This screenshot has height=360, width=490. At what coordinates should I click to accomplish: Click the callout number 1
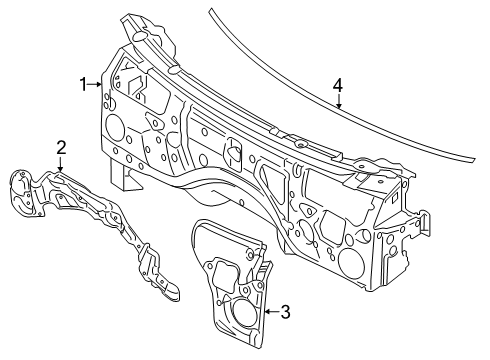tap(83, 84)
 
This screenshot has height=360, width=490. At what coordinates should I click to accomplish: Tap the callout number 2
tap(61, 148)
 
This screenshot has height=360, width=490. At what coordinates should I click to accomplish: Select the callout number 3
tap(285, 312)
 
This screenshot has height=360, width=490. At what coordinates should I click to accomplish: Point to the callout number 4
tap(337, 85)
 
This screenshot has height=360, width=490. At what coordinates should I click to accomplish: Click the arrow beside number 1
tap(95, 85)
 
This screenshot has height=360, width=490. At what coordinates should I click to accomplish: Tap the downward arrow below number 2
tap(60, 164)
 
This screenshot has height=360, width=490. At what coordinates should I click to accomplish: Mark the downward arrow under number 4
tap(339, 101)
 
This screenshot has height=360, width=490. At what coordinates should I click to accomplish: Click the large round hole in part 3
tap(246, 312)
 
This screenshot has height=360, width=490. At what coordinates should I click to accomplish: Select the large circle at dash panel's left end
tap(115, 125)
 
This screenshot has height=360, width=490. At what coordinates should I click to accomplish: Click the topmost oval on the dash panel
tap(139, 36)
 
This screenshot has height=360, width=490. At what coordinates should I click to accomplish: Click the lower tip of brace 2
tap(176, 299)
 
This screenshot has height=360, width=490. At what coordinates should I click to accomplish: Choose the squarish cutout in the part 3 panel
tap(227, 272)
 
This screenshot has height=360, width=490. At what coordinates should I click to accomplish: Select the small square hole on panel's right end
tap(394, 198)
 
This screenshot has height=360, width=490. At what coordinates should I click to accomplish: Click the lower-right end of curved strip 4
tap(473, 160)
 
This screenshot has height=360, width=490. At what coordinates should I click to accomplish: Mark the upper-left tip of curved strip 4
tap(210, 11)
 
